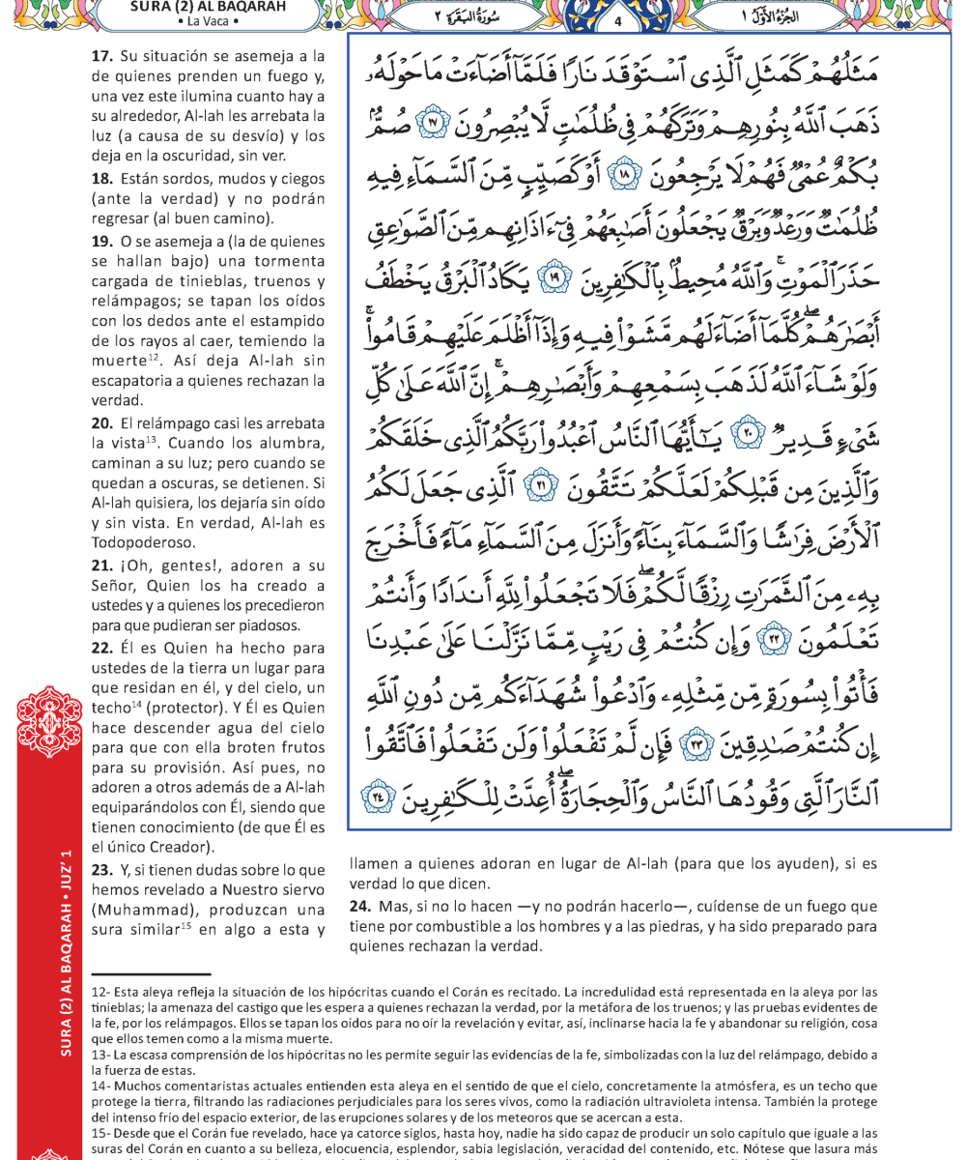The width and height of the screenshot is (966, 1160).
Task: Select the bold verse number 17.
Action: coord(102,58)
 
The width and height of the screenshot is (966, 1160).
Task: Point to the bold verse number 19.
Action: coord(102,240)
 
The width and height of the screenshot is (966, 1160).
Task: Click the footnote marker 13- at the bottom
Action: coord(100,1053)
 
